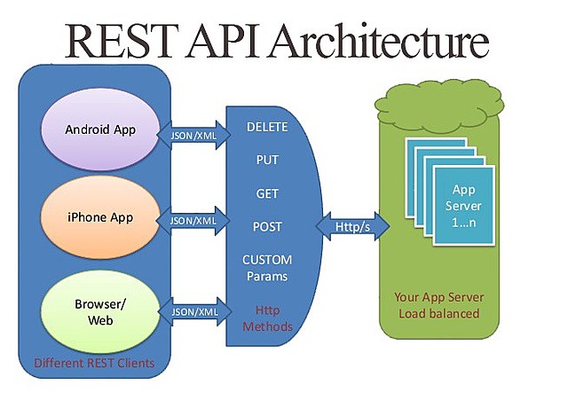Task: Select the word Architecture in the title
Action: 381,42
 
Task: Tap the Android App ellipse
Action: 100,130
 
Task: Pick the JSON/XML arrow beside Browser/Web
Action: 193,312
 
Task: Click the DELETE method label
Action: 267,128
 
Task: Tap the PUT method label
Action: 267,161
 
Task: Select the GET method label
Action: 267,193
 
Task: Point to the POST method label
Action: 267,227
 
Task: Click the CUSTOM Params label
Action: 267,269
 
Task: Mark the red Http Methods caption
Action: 267,318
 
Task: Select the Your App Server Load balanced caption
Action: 437,305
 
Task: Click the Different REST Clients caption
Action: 94,363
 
